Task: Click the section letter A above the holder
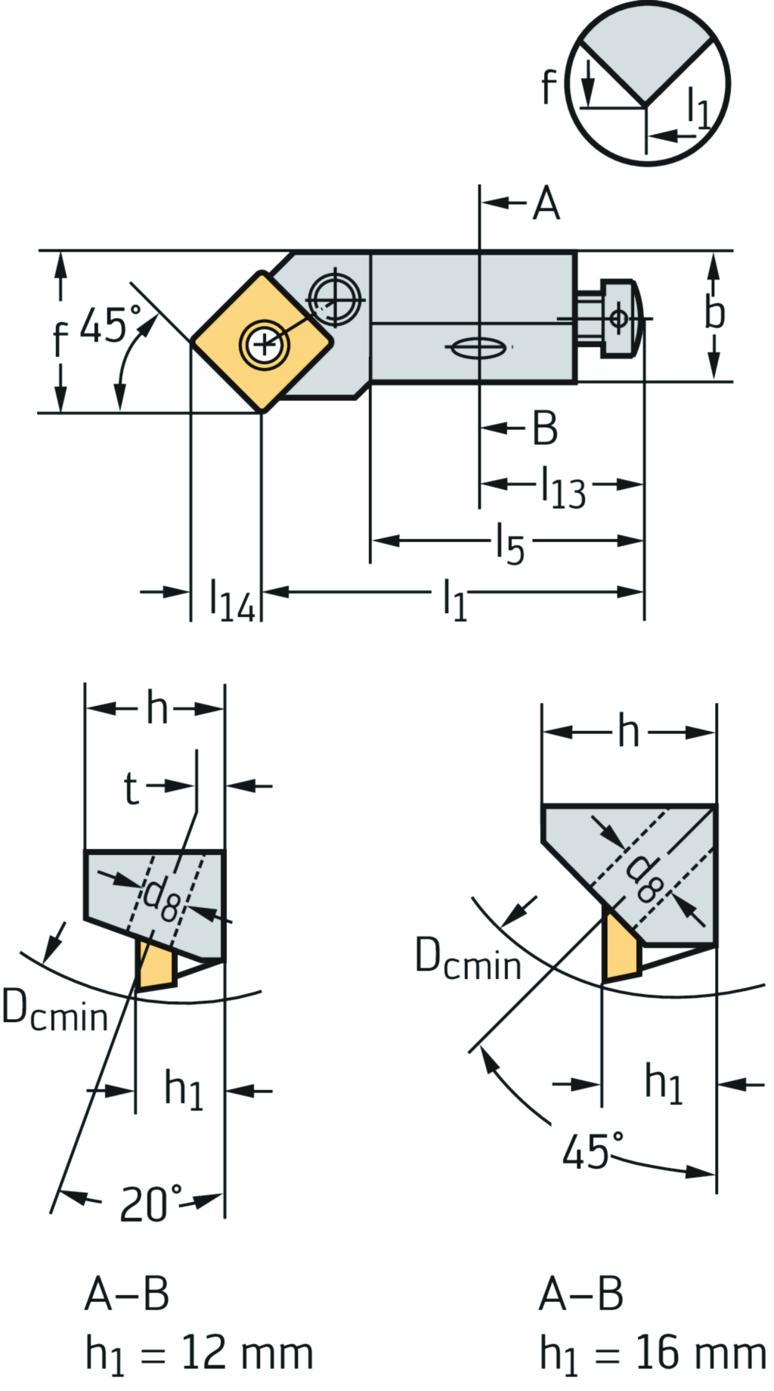pyautogui.click(x=546, y=203)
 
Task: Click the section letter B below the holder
pyautogui.click(x=545, y=428)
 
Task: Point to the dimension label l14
pyautogui.click(x=232, y=600)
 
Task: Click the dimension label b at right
pyautogui.click(x=714, y=313)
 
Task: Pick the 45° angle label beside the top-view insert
pyautogui.click(x=110, y=325)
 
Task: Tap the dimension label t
pyautogui.click(x=131, y=788)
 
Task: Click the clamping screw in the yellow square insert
pyautogui.click(x=263, y=345)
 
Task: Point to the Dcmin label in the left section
pyautogui.click(x=54, y=1011)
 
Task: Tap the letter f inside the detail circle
pyautogui.click(x=550, y=86)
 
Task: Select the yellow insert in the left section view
pyautogui.click(x=156, y=963)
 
